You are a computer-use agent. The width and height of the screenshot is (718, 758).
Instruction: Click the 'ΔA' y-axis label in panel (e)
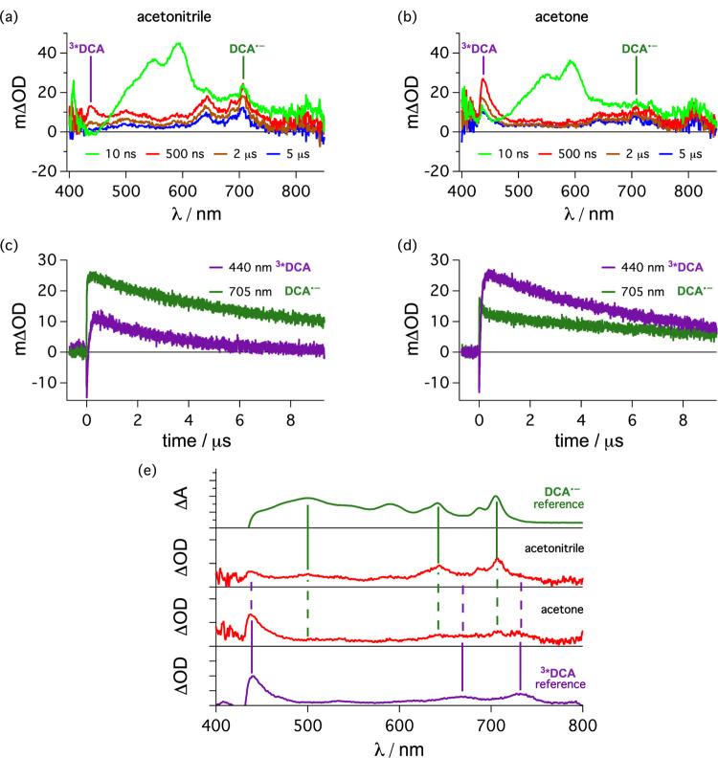194,496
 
